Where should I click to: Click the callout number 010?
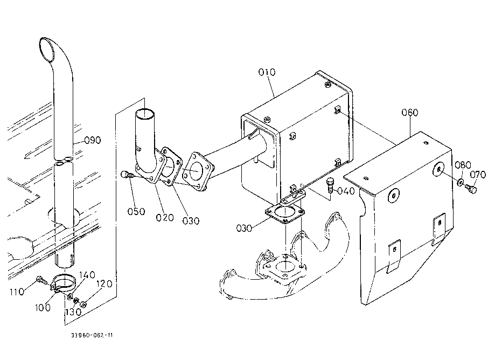267,72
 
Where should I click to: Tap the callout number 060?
410,113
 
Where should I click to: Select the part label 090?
93,140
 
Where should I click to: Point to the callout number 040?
346,191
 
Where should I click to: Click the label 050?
136,211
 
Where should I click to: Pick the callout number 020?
165,218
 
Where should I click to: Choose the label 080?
463,165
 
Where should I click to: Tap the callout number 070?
478,175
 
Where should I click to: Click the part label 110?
17,292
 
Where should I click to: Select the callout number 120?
104,284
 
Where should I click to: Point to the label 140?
87,275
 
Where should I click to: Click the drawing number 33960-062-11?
92,335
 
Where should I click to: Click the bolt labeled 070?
471,189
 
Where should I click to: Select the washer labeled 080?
460,182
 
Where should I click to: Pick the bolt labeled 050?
126,175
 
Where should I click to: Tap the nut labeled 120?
83,304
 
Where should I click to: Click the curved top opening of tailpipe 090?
47,50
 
